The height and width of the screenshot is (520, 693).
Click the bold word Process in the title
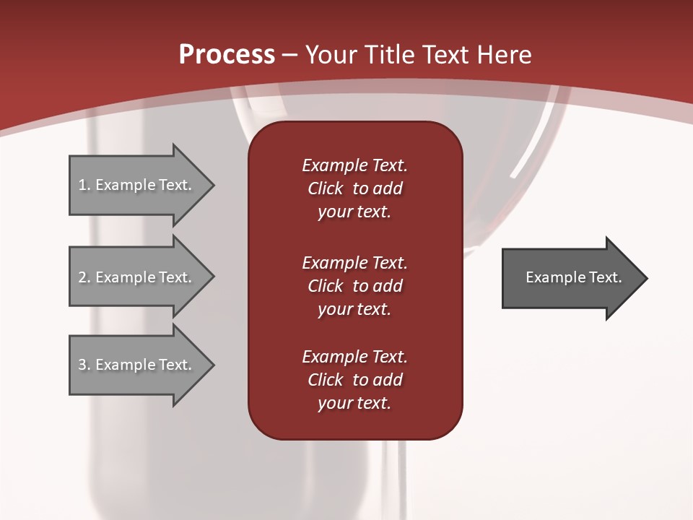(227, 55)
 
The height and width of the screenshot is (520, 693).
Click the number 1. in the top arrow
(84, 185)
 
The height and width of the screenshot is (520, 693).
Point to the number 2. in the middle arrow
(84, 277)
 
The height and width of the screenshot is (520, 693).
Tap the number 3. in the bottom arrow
(84, 365)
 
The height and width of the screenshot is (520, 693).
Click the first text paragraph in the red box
(354, 188)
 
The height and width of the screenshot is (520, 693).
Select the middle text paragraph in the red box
(354, 285)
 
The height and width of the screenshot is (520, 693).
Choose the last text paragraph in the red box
(354, 380)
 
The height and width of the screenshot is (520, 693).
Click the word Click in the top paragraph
(326, 188)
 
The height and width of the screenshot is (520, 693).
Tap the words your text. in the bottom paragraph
(354, 403)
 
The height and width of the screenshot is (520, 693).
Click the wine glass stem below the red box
(391, 477)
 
